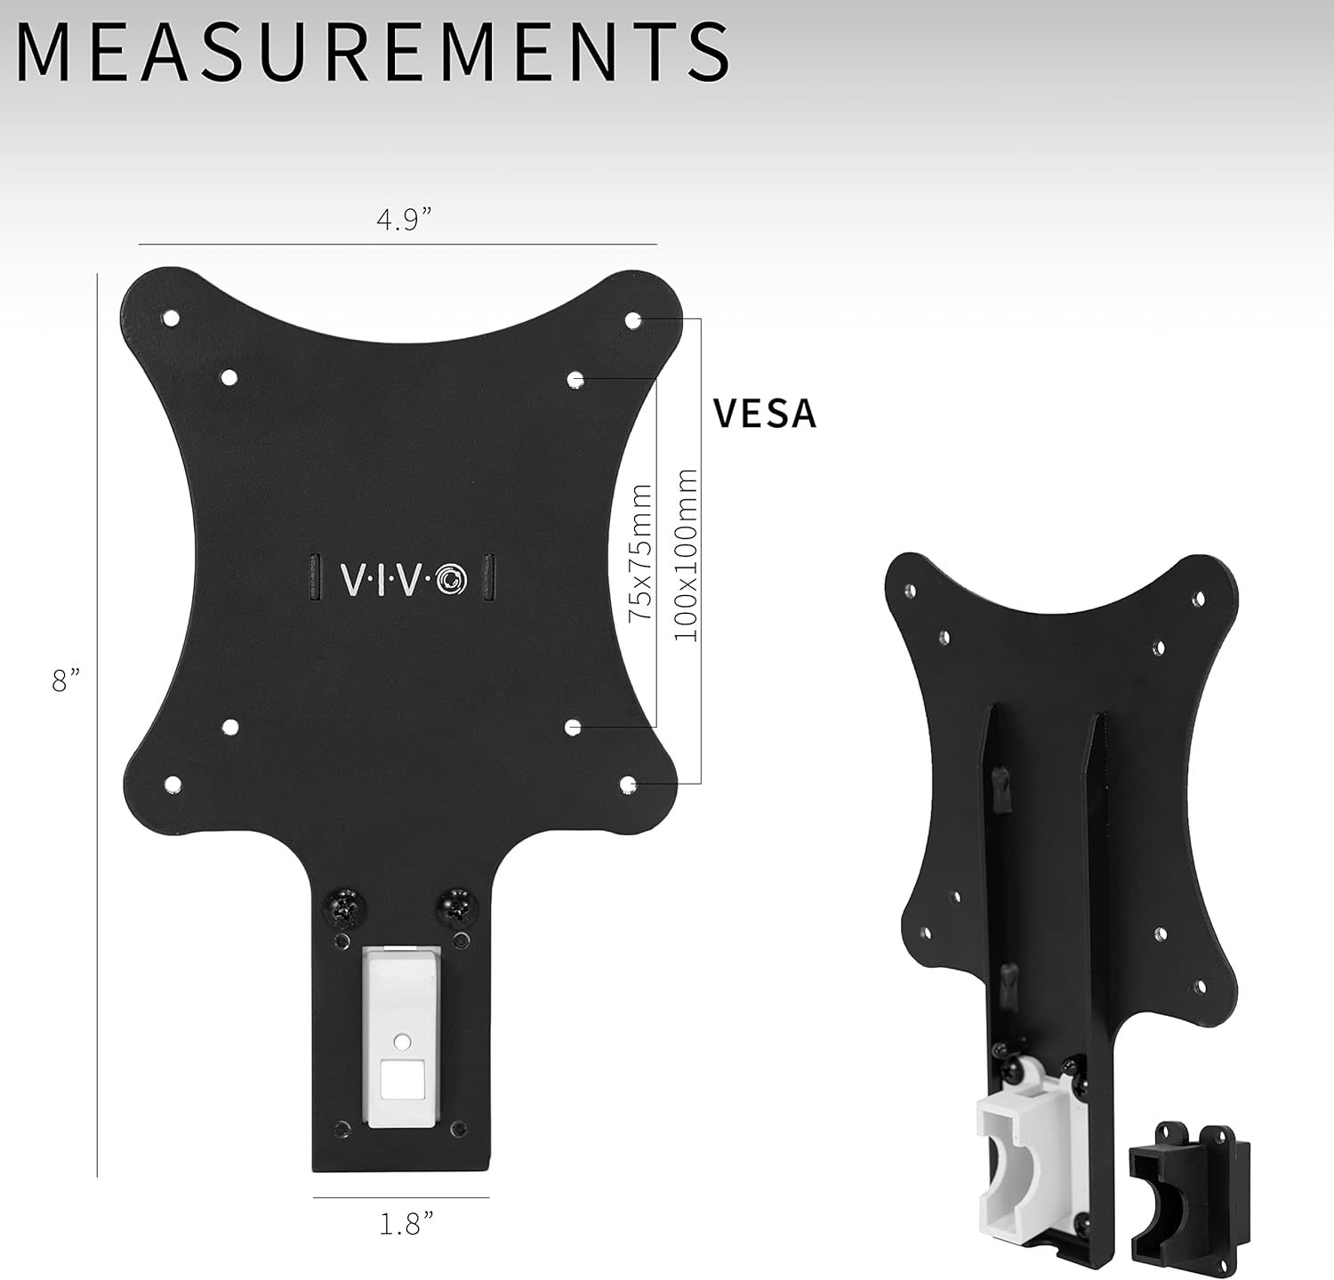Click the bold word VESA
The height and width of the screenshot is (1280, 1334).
(x=765, y=414)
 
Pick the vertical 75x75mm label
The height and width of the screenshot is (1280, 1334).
(x=640, y=553)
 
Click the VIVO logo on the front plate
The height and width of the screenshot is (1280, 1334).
(x=399, y=580)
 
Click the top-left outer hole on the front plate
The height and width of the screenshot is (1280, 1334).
(x=172, y=318)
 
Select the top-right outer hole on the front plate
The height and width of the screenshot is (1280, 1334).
(x=633, y=318)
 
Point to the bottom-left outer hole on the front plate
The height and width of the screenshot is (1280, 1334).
(x=173, y=784)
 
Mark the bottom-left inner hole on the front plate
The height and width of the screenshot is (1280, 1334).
(x=229, y=727)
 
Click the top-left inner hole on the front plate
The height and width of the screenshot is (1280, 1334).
(x=229, y=377)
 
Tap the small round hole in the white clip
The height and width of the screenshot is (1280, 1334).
(x=401, y=1039)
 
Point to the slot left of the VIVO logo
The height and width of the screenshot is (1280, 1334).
(x=313, y=579)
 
